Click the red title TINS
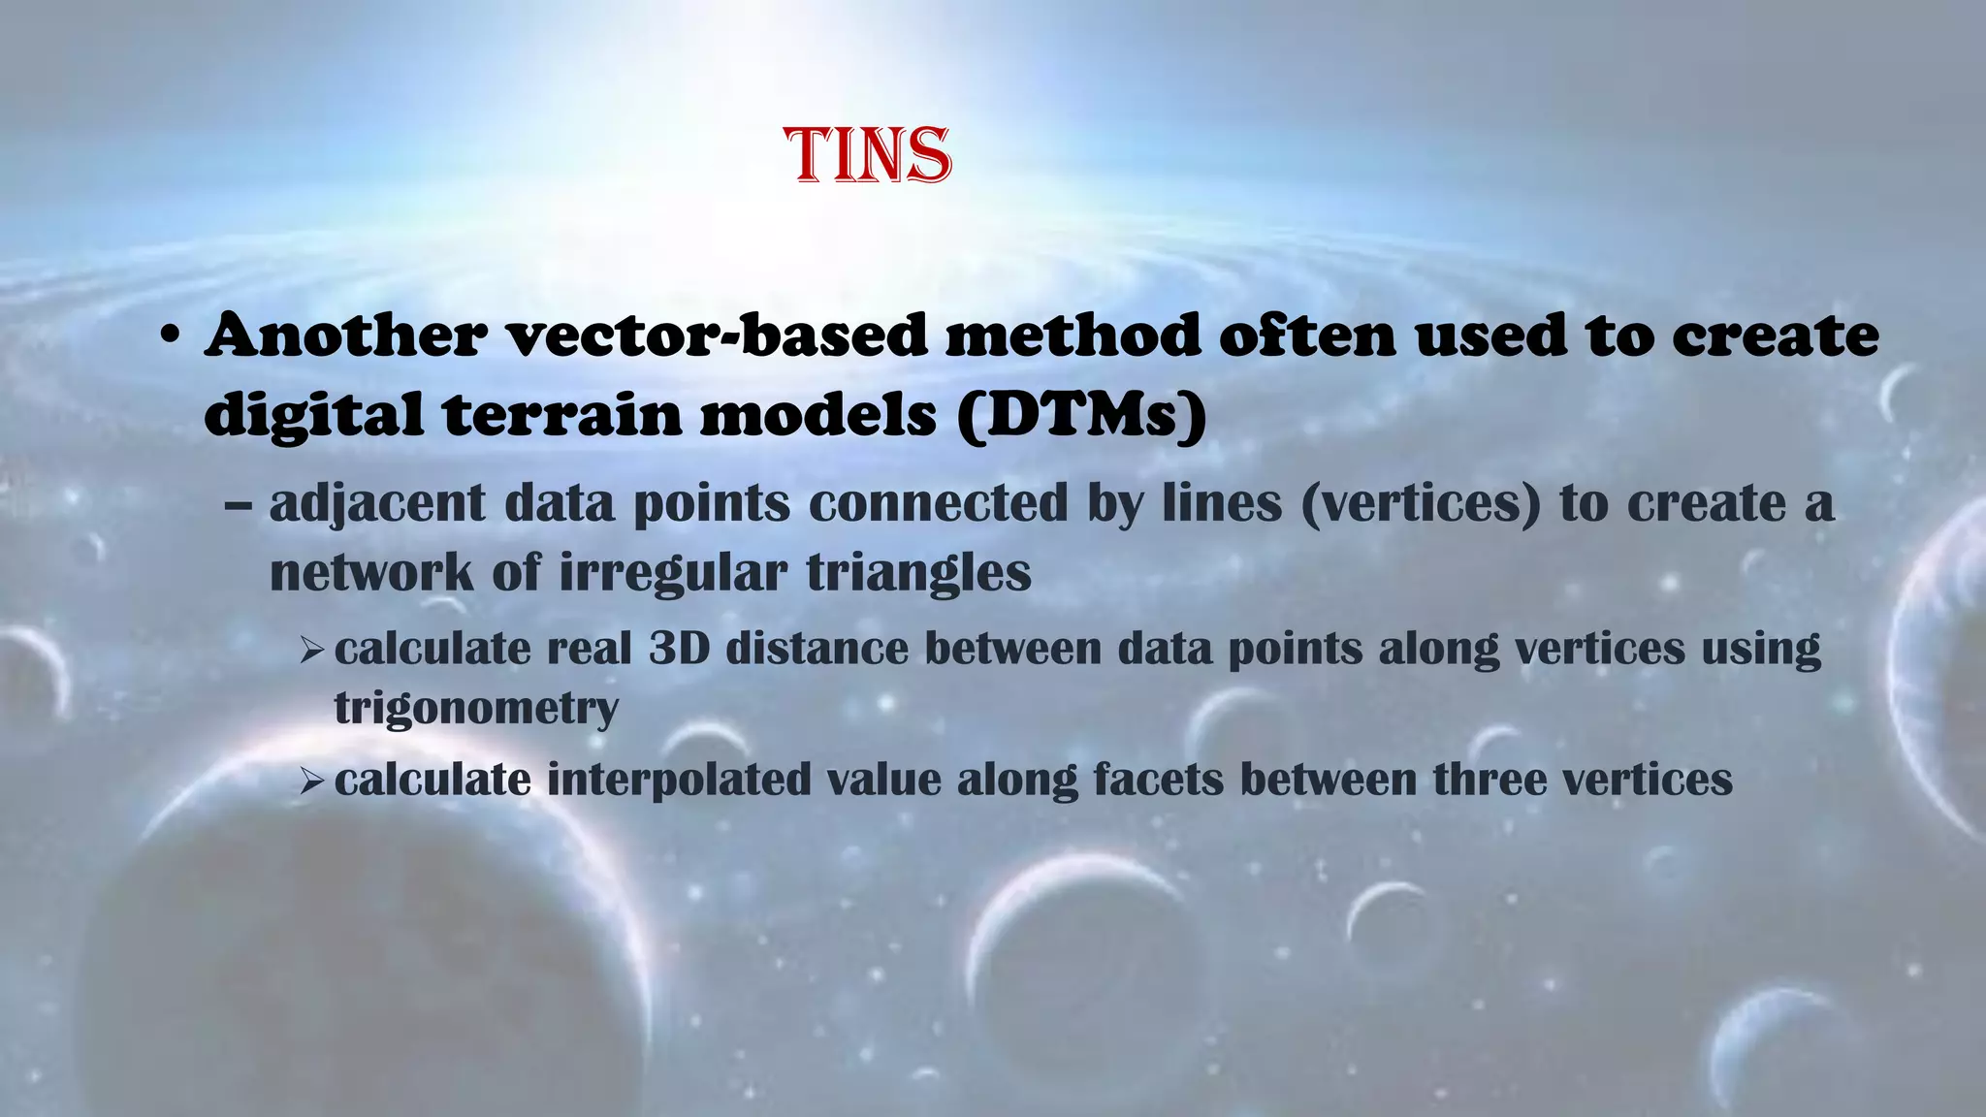point(868,156)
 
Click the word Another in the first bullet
point(346,335)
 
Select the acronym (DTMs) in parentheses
point(1081,415)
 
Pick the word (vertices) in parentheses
point(1421,504)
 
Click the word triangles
point(918,572)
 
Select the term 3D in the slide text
point(679,648)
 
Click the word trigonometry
point(476,708)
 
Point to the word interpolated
point(679,780)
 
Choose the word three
point(1489,780)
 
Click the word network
point(371,572)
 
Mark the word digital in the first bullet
point(313,415)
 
